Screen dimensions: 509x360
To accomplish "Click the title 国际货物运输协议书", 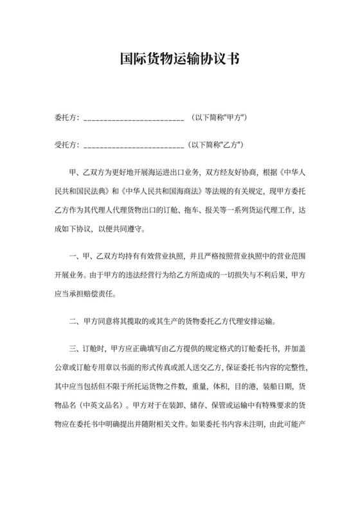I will tap(180, 60).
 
